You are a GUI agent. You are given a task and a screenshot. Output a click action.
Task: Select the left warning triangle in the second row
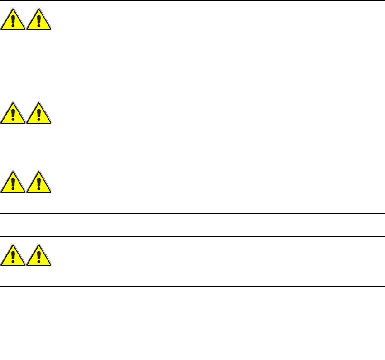13,113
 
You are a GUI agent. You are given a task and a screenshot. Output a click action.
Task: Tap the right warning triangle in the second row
39,113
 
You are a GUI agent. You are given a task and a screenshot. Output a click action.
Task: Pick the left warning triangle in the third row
13,182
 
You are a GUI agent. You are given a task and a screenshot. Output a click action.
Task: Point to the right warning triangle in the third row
39,182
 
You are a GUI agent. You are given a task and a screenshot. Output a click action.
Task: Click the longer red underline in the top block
198,58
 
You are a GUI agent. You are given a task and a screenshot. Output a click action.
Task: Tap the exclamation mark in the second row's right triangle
39,115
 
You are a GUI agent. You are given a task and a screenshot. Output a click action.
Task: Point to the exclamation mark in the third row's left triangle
13,184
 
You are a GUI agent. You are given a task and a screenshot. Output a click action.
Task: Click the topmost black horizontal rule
192,0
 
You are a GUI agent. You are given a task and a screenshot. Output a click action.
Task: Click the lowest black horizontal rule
192,286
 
